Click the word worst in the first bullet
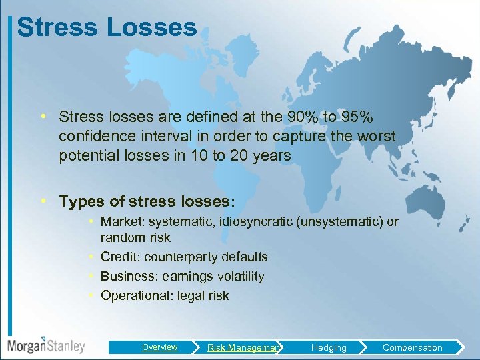click(x=377, y=137)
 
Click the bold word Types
click(x=79, y=201)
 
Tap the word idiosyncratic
click(x=250, y=221)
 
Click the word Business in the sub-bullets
click(x=125, y=276)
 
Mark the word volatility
click(x=238, y=276)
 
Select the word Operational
click(x=133, y=295)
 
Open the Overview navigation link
click(x=159, y=347)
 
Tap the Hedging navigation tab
click(x=329, y=347)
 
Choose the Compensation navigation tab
click(x=412, y=347)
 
